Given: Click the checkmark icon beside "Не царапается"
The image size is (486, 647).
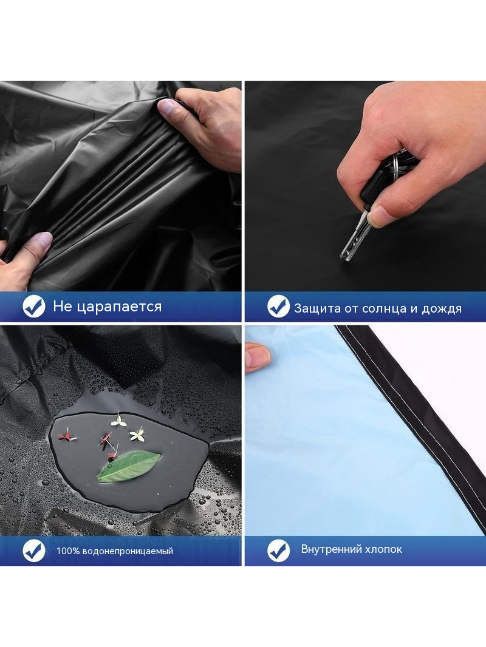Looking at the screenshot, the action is (34, 306).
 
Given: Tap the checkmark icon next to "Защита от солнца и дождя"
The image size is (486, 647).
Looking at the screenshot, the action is (278, 307).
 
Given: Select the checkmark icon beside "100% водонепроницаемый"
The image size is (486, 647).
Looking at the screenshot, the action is (34, 550).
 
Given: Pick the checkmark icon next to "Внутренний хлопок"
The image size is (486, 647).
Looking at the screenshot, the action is (278, 550).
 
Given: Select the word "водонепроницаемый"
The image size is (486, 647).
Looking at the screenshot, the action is (128, 551).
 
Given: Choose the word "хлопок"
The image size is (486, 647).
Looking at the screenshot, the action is (383, 550).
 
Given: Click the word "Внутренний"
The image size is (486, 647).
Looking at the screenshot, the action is (331, 549).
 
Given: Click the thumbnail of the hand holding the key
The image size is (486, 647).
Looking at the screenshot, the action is (380, 216).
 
